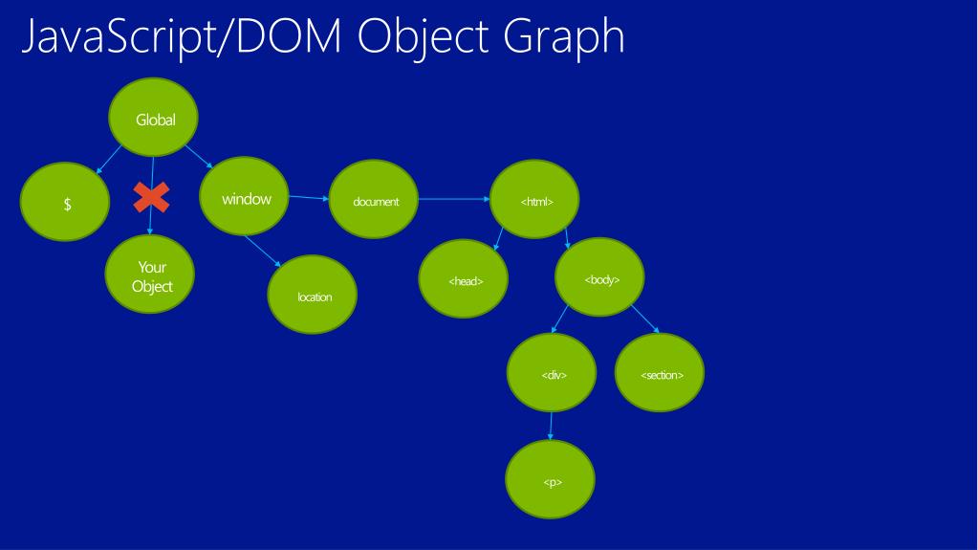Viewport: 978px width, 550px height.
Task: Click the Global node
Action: click(155, 120)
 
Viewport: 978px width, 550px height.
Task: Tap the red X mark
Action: click(151, 198)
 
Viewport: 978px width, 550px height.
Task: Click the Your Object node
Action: click(153, 275)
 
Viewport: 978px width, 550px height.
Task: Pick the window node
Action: click(246, 199)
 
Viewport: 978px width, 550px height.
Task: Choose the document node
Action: click(375, 200)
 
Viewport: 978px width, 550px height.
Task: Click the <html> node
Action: click(536, 200)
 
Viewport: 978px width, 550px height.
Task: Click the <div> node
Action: click(553, 373)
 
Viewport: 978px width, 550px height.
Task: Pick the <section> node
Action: click(662, 373)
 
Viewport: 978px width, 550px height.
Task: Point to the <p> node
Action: click(551, 480)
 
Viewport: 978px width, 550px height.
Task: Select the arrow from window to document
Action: click(307, 198)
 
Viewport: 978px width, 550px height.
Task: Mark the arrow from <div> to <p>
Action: click(551, 427)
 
